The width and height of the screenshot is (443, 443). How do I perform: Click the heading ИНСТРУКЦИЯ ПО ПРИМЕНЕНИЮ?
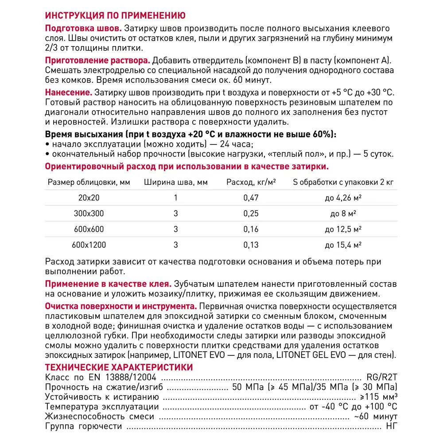point(113,16)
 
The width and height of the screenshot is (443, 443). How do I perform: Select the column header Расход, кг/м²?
point(248,182)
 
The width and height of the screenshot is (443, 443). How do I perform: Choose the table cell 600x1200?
point(89,245)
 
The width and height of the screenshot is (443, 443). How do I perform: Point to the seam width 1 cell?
point(175,198)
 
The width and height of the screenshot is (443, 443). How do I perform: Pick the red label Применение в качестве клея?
point(109,284)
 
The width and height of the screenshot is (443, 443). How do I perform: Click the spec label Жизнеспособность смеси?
point(100,416)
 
